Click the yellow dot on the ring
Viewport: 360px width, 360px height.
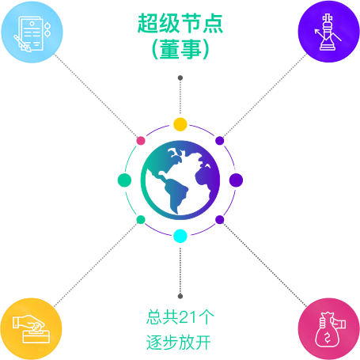click(x=180, y=124)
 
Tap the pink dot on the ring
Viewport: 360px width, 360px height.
click(x=141, y=141)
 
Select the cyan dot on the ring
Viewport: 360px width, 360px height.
click(x=180, y=236)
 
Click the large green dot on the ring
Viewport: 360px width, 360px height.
click(x=124, y=180)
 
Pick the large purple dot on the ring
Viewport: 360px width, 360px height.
click(x=236, y=180)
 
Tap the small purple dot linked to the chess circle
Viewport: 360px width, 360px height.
click(x=220, y=141)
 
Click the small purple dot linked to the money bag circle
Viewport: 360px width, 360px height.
click(x=220, y=219)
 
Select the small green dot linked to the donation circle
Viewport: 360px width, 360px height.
click(x=141, y=219)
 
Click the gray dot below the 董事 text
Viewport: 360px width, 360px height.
click(x=180, y=78)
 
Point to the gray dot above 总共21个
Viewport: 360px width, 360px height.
click(x=180, y=296)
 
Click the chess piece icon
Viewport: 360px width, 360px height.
click(x=328, y=32)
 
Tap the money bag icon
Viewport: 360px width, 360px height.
click(x=330, y=330)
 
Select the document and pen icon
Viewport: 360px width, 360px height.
click(x=32, y=34)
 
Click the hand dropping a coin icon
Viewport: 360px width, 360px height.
click(x=31, y=329)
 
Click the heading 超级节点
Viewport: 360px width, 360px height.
click(x=180, y=24)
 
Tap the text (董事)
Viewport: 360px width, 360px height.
click(x=180, y=49)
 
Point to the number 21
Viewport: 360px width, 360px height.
click(x=188, y=317)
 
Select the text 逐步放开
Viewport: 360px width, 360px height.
click(x=179, y=343)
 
